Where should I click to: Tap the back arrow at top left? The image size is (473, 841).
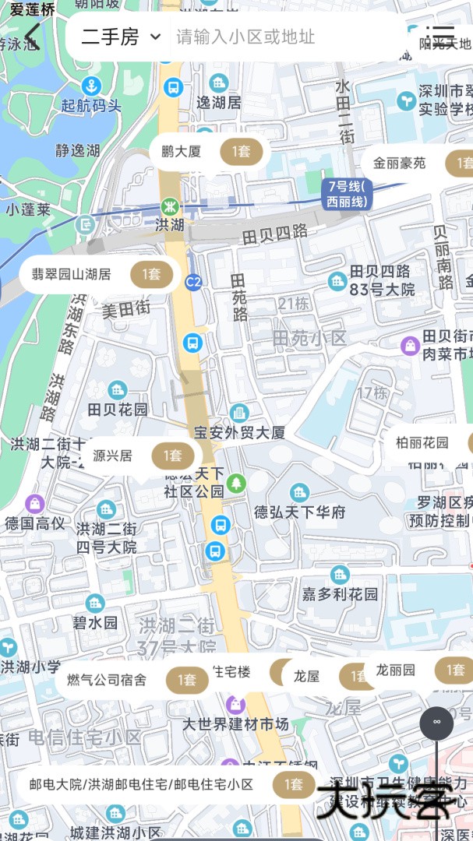32,36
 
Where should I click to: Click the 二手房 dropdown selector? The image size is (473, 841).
121,37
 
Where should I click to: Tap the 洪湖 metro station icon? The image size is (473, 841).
169,207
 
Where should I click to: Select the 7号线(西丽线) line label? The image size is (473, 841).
347,194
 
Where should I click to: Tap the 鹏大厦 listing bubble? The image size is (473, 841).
209,152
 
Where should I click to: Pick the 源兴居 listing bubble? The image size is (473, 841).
140,456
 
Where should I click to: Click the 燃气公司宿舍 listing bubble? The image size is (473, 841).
132,680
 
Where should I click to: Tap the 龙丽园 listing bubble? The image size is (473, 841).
421,670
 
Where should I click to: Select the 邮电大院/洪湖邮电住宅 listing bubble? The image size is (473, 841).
164,784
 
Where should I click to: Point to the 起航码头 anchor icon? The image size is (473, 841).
92,86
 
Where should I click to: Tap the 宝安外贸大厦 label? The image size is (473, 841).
240,432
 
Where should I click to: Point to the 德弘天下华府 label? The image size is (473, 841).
300,512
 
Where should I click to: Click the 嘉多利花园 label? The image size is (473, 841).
341,594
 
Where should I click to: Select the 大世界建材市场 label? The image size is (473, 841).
235,724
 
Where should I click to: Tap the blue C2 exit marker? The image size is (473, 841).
193,281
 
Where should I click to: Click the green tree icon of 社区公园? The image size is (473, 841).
236,483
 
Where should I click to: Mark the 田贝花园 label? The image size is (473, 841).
118,409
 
